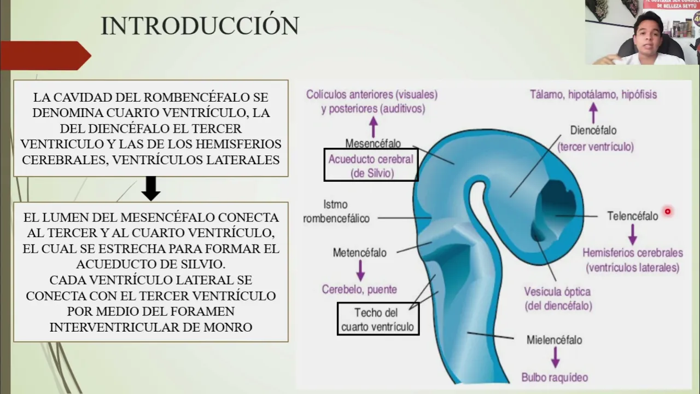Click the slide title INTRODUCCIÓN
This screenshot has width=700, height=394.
click(x=200, y=26)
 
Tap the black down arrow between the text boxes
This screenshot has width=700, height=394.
click(x=150, y=188)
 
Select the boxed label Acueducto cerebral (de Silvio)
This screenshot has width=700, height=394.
click(x=371, y=166)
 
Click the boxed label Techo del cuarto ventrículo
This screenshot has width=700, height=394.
click(x=378, y=320)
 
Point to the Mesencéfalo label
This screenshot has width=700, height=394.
click(x=373, y=143)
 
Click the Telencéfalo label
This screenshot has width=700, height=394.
click(x=633, y=216)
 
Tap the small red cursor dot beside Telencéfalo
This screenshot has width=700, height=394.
click(x=668, y=211)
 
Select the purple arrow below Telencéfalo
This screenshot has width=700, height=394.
click(x=633, y=234)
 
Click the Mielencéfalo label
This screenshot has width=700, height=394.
click(x=554, y=340)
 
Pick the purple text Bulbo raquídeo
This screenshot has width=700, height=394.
click(x=555, y=377)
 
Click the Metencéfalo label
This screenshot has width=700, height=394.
click(x=359, y=253)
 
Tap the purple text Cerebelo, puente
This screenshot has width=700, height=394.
click(x=359, y=289)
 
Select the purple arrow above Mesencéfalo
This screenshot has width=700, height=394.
click(x=374, y=126)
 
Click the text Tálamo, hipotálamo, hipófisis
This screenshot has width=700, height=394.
click(x=593, y=94)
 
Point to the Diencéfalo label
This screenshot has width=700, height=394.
click(x=593, y=131)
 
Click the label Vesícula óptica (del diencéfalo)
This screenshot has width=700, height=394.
click(x=558, y=299)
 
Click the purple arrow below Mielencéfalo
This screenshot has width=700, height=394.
click(x=555, y=358)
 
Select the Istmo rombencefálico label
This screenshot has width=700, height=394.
click(x=336, y=211)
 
